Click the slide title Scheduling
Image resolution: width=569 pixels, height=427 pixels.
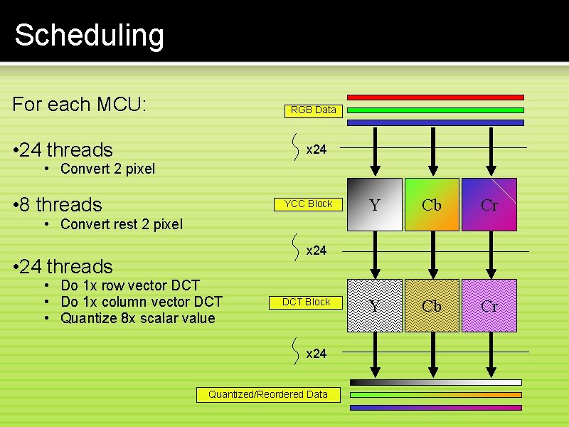(90, 36)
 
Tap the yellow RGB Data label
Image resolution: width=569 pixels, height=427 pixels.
(314, 111)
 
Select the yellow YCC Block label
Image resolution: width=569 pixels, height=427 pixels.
(308, 204)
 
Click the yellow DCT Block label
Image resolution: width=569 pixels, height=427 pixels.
(306, 302)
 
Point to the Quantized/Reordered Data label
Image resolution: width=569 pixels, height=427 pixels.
(269, 395)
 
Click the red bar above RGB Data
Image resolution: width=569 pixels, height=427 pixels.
(435, 97)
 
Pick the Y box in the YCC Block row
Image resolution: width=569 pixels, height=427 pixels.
(375, 204)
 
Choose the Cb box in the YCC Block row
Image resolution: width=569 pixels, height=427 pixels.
(432, 204)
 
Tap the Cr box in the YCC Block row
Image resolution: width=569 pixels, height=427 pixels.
(489, 204)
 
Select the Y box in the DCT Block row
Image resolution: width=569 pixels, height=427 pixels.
(375, 305)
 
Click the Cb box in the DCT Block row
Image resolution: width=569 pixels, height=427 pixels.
(432, 305)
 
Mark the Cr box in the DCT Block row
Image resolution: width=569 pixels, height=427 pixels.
(489, 305)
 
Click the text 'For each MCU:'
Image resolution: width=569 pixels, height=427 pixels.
(79, 104)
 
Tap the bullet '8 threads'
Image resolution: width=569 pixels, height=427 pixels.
(58, 205)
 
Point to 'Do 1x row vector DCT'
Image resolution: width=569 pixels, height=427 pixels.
(130, 285)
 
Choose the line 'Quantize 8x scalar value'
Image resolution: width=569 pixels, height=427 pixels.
(138, 318)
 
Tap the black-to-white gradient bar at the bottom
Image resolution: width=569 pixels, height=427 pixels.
(436, 382)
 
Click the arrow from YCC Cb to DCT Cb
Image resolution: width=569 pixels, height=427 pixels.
(432, 255)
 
